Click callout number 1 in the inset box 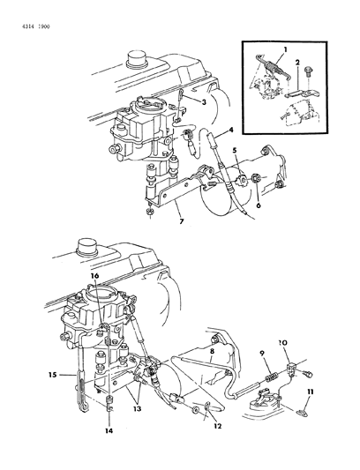[285, 49]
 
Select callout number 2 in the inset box [297, 63]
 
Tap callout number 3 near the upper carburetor [204, 102]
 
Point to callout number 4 [231, 131]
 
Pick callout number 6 [259, 205]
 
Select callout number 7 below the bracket [181, 221]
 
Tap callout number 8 [212, 350]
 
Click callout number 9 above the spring [263, 354]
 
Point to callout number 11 [311, 392]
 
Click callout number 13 [137, 408]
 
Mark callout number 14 [109, 430]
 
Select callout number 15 [53, 375]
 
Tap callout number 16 [94, 275]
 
